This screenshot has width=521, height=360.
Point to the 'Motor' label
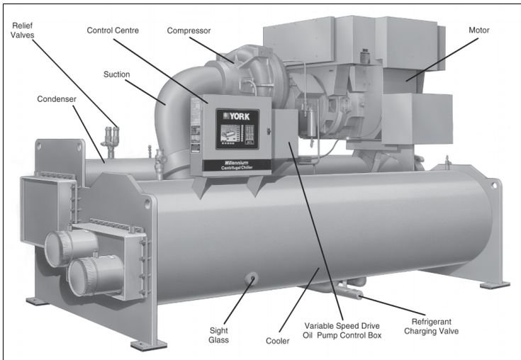click(x=478, y=30)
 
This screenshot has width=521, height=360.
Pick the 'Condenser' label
click(x=56, y=99)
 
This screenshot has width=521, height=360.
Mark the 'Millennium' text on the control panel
click(x=231, y=162)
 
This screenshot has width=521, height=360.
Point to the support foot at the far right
click(x=494, y=284)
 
